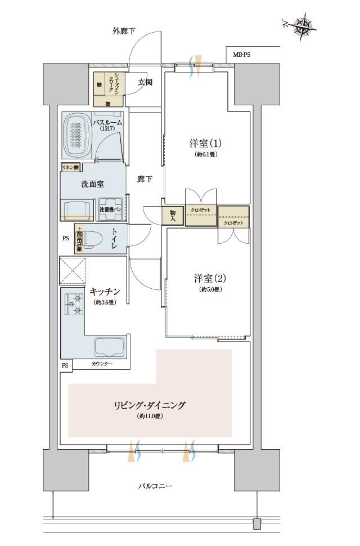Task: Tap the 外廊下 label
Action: click(123, 31)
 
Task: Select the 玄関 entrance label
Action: click(145, 83)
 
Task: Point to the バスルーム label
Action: click(107, 122)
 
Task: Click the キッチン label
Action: click(105, 292)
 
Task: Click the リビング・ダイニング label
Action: click(150, 405)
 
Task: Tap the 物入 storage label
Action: click(173, 216)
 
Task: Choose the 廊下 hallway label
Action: click(145, 179)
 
